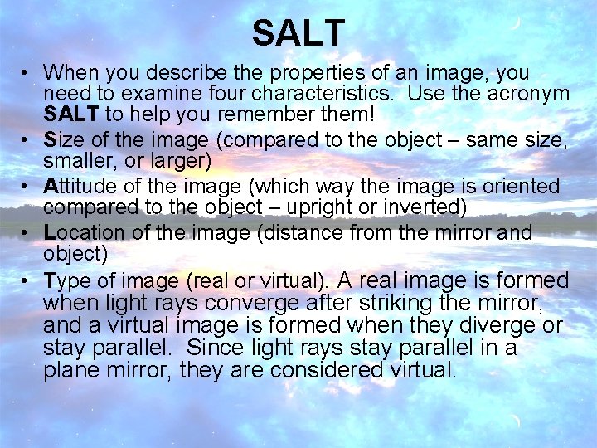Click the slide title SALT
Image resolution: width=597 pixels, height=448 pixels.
click(x=298, y=33)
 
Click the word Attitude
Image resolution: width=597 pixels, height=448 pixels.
click(x=81, y=186)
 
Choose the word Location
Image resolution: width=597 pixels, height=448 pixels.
click(x=83, y=233)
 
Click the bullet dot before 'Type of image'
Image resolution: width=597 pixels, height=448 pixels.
click(x=29, y=281)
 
